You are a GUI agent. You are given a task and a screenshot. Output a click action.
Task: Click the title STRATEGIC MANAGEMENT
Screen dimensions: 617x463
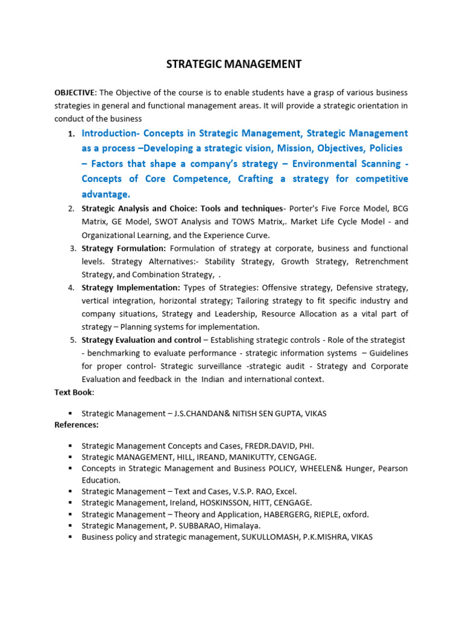[x=234, y=64]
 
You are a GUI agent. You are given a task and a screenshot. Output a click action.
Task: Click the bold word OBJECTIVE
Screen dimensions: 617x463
[x=74, y=92]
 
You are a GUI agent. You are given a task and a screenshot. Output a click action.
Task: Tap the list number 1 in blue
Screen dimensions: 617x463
[x=71, y=134]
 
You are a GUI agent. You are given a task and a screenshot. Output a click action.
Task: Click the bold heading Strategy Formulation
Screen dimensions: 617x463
[x=124, y=248]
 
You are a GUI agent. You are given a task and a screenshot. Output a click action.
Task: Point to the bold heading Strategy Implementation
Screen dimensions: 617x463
[x=131, y=287]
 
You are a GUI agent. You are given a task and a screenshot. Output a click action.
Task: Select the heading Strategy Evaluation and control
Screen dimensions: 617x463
[x=141, y=340]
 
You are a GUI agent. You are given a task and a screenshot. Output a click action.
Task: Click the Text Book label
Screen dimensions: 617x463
[x=74, y=392]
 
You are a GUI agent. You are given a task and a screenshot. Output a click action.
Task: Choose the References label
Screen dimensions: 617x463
[x=77, y=425]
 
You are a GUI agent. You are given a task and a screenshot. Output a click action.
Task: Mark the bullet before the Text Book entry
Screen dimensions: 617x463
[x=70, y=413]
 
